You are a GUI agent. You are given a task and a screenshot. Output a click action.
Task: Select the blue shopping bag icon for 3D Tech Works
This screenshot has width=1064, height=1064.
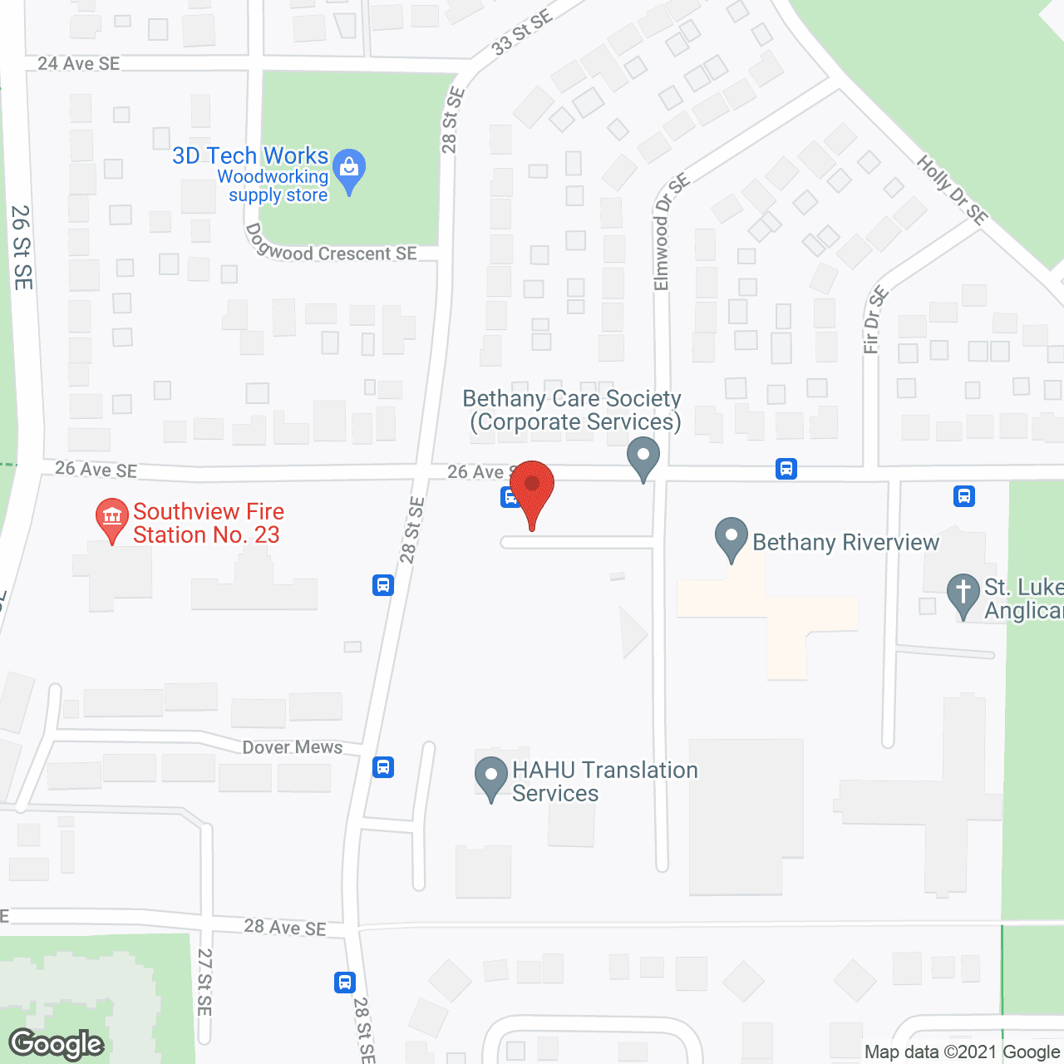pyautogui.click(x=349, y=170)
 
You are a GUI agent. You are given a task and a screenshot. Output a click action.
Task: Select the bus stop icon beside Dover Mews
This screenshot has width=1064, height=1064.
pyautogui.click(x=383, y=766)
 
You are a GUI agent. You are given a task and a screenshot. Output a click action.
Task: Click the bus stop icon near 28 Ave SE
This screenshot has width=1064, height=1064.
pyautogui.click(x=345, y=983)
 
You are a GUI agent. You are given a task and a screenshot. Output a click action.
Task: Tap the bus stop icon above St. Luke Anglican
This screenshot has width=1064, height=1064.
pyautogui.click(x=964, y=496)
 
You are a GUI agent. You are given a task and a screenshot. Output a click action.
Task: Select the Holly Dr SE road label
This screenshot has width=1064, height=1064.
pyautogui.click(x=953, y=190)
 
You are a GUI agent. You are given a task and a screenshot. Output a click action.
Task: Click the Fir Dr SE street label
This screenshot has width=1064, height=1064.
pyautogui.click(x=875, y=320)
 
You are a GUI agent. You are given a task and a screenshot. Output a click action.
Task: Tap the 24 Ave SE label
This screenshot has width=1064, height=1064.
pyautogui.click(x=79, y=64)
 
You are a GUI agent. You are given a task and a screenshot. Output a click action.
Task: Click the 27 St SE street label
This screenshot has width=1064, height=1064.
pyautogui.click(x=204, y=982)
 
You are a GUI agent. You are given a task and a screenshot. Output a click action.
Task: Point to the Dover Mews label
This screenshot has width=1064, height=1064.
pyautogui.click(x=293, y=747)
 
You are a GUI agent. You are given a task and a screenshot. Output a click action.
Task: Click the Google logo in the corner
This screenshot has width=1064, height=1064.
pyautogui.click(x=57, y=1044)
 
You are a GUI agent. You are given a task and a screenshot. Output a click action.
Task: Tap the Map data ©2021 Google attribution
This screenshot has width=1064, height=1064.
pyautogui.click(x=962, y=1052)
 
